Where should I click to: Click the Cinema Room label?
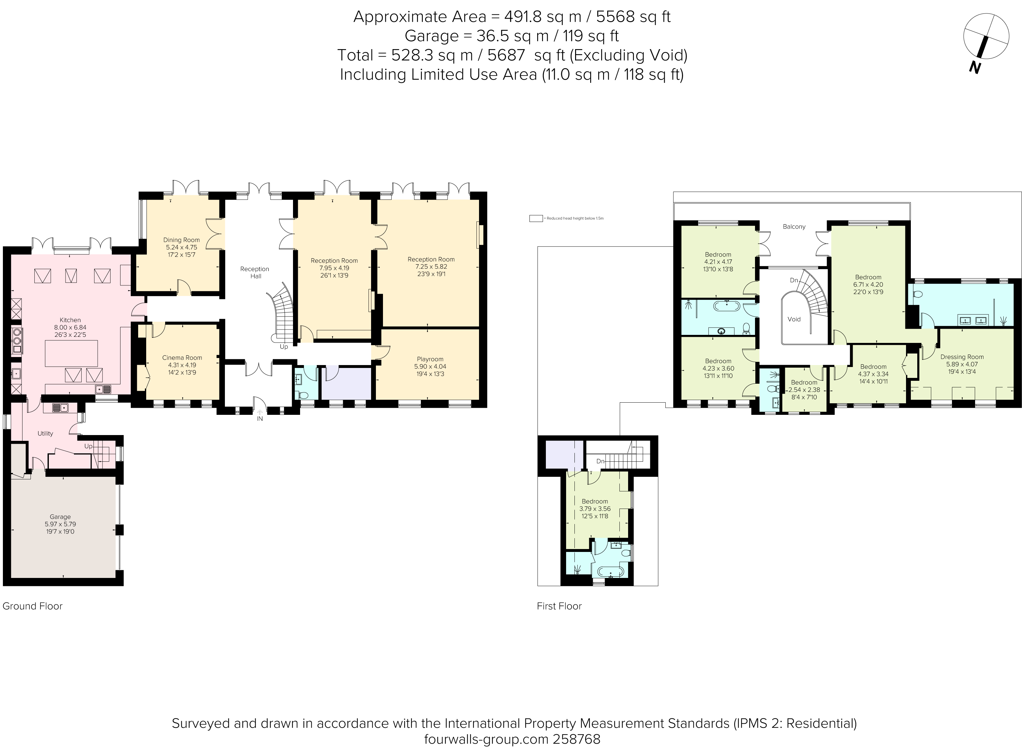pos(182,357)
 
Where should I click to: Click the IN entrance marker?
pos(260,419)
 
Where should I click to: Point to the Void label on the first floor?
pos(794,319)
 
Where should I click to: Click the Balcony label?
pos(794,226)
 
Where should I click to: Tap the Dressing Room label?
pos(962,357)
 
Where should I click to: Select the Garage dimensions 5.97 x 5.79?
pos(60,524)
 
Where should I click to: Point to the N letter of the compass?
pos(974,68)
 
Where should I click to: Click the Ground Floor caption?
pos(32,606)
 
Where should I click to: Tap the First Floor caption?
pos(559,606)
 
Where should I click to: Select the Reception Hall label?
pos(255,272)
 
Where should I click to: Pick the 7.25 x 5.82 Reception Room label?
pos(431,259)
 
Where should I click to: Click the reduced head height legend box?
pos(536,218)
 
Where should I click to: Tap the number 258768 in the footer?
pos(576,739)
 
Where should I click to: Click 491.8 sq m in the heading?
pos(543,17)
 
